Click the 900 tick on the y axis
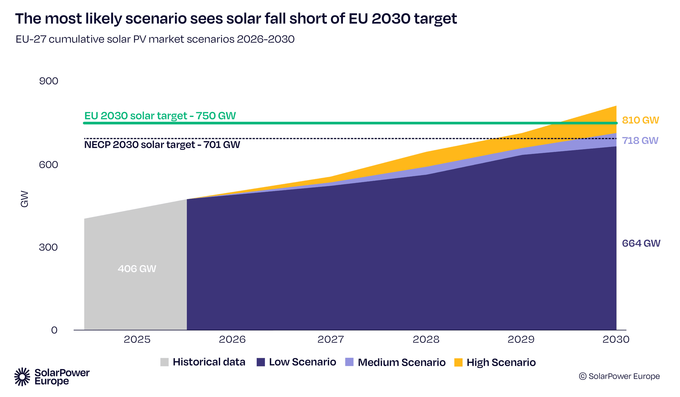pos(48,81)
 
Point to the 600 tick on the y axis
pos(48,164)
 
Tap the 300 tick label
pos(48,247)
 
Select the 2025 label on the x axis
pos(137,340)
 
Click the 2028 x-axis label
pos(426,340)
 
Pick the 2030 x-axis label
pos(616,340)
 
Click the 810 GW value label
pos(640,120)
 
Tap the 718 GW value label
pos(640,141)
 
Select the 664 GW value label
pos(641,244)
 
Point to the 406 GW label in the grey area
pos(137,269)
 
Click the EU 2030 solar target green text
pos(160,116)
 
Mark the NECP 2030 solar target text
pos(162,145)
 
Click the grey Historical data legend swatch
pos(164,362)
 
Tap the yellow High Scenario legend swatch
pos(458,362)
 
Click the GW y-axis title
pos(25,199)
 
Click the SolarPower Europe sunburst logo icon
pos(22,377)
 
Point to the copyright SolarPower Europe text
pos(619,376)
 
